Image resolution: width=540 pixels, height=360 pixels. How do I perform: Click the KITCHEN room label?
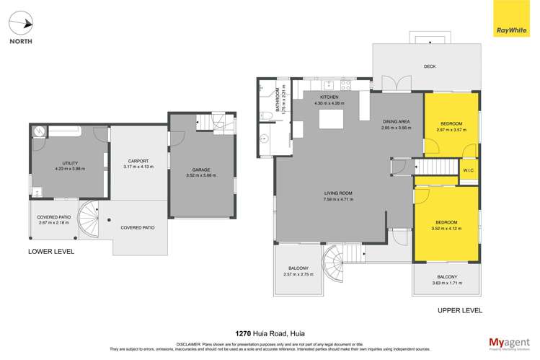click(329, 97)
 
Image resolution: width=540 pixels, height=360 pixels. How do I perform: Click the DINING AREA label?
click(396, 121)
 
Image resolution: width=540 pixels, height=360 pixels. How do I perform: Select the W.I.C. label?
click(468, 171)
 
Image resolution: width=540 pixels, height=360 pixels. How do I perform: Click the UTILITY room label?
click(70, 163)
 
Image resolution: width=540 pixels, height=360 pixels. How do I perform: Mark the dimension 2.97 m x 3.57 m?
click(451, 130)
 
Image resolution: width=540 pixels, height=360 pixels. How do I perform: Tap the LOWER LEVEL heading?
click(51, 252)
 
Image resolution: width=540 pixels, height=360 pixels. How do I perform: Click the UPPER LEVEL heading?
click(459, 309)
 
